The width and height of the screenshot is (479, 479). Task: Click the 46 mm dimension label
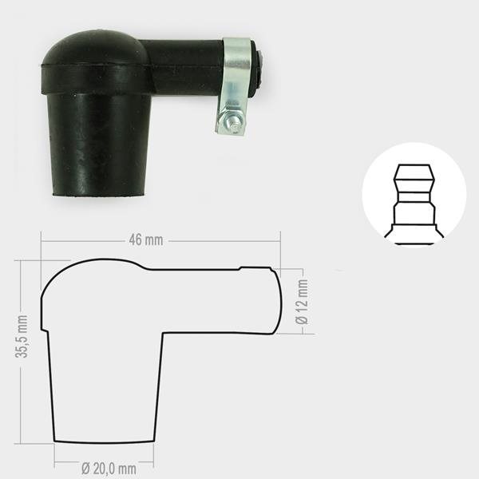coord(146,240)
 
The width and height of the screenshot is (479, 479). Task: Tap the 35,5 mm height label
coord(22,336)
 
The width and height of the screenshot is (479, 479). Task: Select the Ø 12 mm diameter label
coord(302,302)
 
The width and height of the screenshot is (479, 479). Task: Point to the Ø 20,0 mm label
coord(109,469)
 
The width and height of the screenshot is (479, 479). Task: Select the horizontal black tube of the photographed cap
coord(184,65)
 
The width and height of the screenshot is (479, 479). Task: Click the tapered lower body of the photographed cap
coord(99,144)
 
